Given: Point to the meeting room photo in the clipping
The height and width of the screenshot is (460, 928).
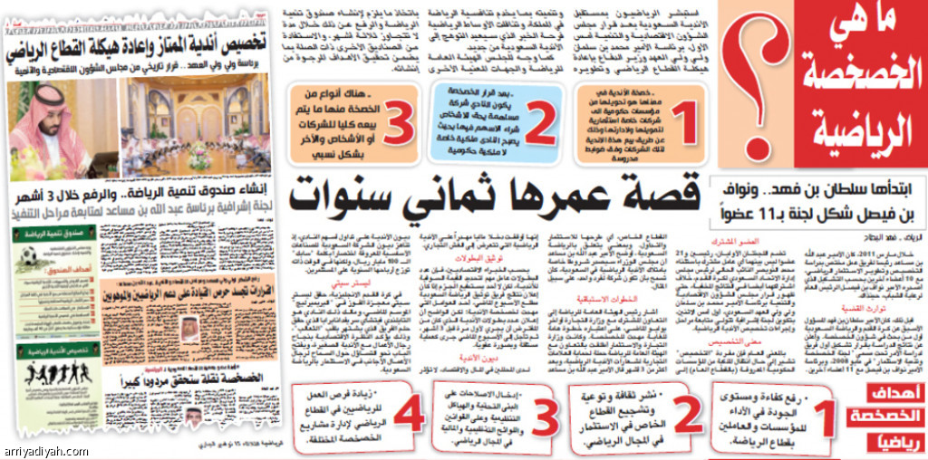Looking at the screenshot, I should pos(194,127).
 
